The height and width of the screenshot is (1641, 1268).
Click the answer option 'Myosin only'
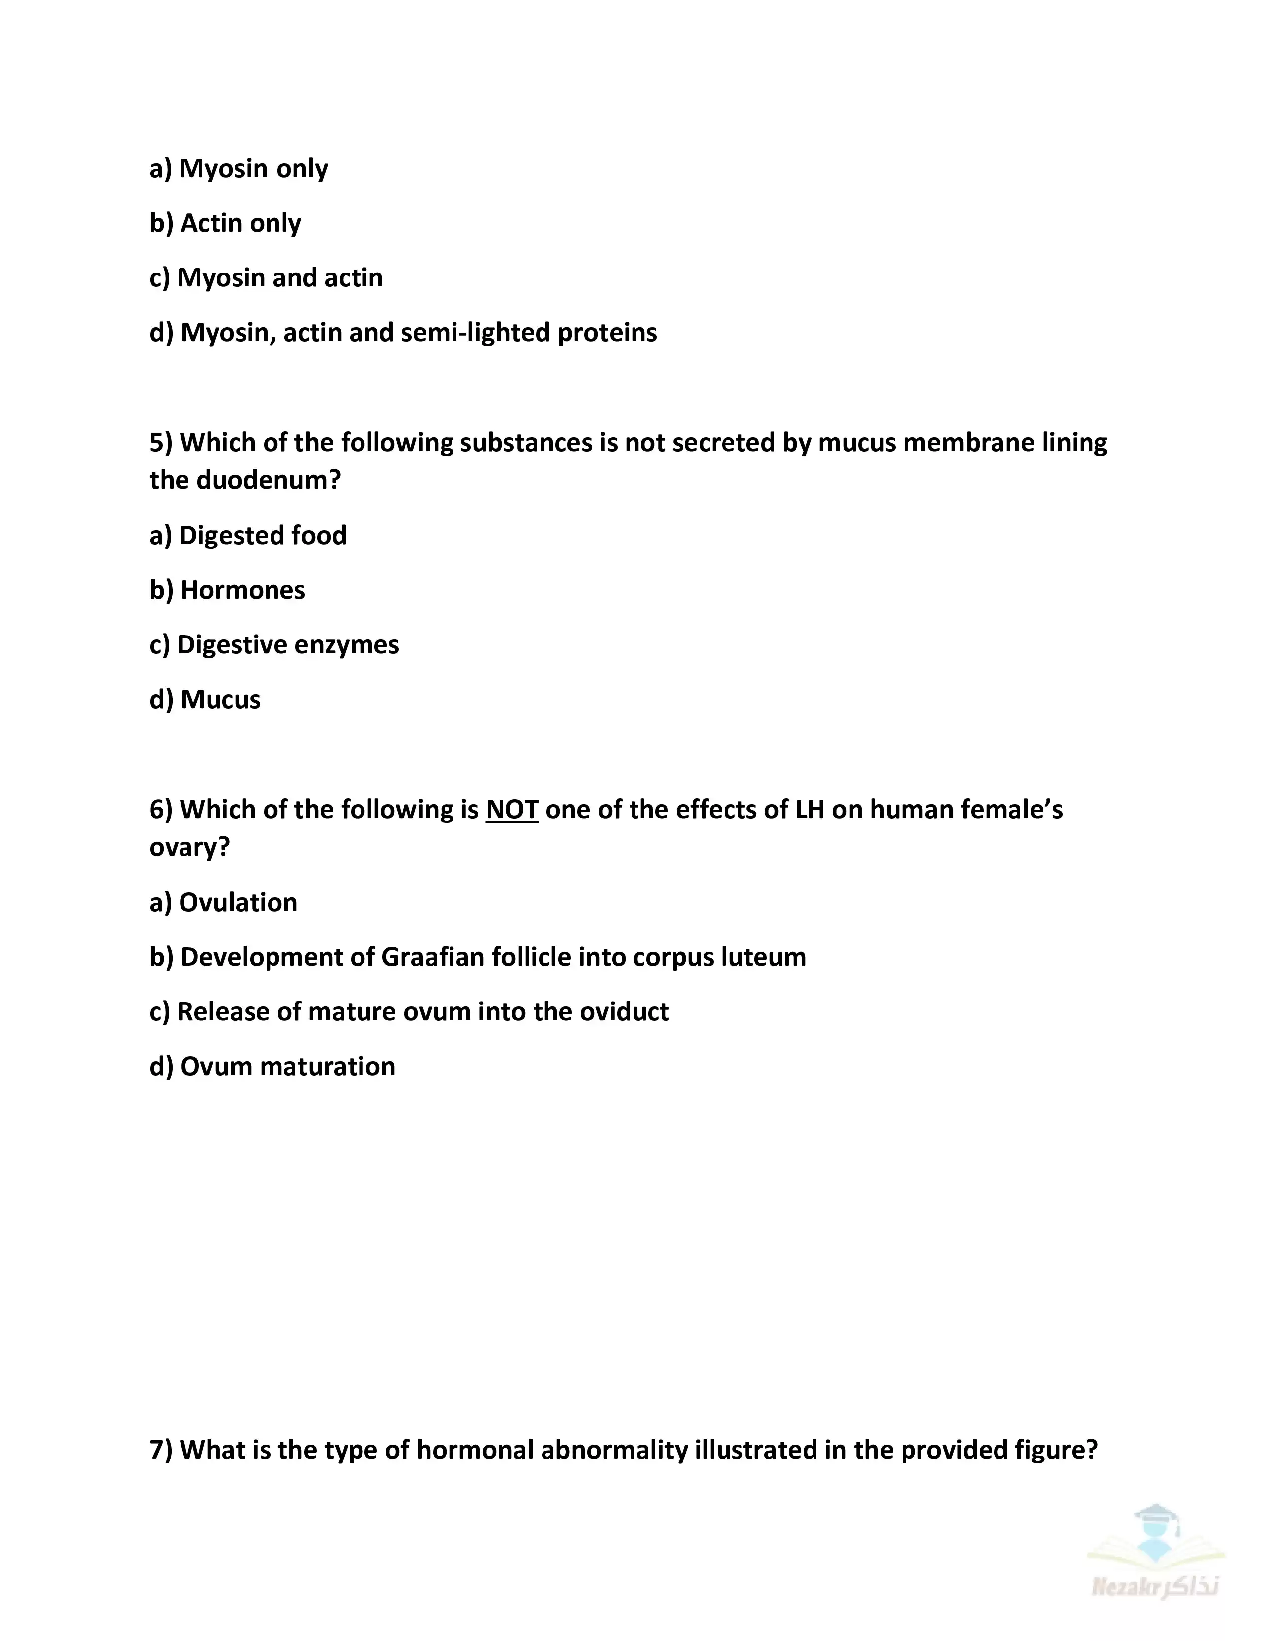(239, 168)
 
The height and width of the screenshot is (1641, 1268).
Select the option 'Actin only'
(225, 223)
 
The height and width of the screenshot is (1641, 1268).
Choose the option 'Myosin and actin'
(266, 278)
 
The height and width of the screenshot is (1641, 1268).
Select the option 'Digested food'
(248, 536)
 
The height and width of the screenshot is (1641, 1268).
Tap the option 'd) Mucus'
(205, 700)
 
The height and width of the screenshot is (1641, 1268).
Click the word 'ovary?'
(189, 847)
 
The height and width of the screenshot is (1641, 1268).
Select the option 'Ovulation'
(223, 903)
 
